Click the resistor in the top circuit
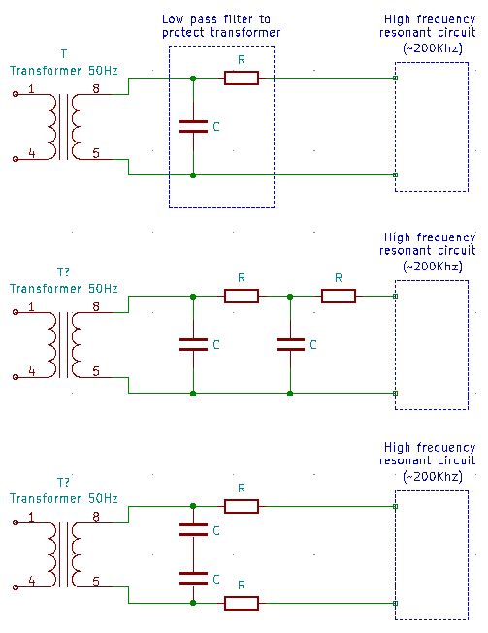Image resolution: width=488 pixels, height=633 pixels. coord(242,79)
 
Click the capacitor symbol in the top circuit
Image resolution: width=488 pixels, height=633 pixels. coord(194,126)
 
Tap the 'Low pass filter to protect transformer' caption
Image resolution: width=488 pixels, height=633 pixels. coord(221,26)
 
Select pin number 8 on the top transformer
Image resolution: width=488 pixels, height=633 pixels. coord(95,89)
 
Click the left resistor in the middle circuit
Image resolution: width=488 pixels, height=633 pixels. coord(242,296)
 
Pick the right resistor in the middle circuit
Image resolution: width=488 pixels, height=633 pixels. coord(339,296)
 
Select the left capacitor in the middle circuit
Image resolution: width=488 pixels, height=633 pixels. coord(194,343)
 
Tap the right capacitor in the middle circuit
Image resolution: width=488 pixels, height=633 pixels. coord(291,343)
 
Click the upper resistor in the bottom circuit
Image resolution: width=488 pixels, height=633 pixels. coord(242,506)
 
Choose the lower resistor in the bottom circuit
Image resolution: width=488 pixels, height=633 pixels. coord(242,603)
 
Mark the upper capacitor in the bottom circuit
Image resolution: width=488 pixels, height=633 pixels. coord(194,530)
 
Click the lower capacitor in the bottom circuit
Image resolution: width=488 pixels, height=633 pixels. coord(194,579)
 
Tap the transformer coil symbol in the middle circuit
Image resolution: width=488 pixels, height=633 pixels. coord(63,343)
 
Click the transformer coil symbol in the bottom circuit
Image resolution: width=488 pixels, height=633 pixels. coord(63,554)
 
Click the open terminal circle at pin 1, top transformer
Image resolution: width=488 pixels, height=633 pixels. coord(15,94)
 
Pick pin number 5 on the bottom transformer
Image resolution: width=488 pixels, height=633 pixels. coord(95,581)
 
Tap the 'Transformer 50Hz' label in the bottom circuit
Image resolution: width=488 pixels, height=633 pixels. coord(63,498)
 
